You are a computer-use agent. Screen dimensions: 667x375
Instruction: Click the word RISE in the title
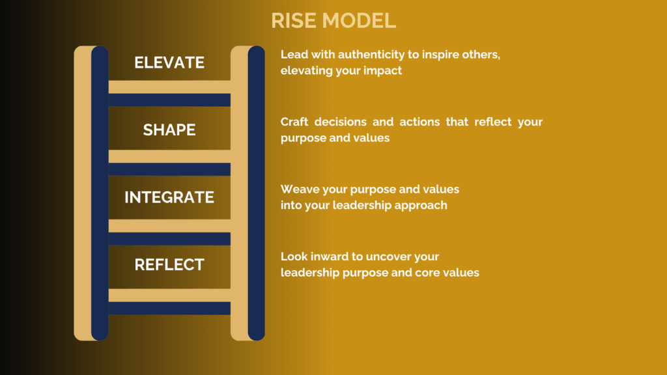point(294,20)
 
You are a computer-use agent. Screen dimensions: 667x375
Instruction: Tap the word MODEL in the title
point(359,20)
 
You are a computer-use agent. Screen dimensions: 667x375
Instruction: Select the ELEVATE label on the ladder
point(169,62)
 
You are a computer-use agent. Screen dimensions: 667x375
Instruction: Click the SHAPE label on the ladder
point(169,130)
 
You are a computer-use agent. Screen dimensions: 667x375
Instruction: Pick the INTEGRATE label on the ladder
point(169,197)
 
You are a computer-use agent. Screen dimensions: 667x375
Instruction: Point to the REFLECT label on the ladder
point(169,264)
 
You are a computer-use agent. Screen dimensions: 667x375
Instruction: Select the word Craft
point(294,122)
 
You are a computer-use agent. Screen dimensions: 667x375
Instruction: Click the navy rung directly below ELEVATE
point(169,100)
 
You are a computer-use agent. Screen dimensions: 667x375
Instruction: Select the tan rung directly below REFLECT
point(169,295)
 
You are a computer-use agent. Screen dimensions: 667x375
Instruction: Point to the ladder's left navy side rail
point(100,193)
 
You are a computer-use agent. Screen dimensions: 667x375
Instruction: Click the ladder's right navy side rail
point(256,193)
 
